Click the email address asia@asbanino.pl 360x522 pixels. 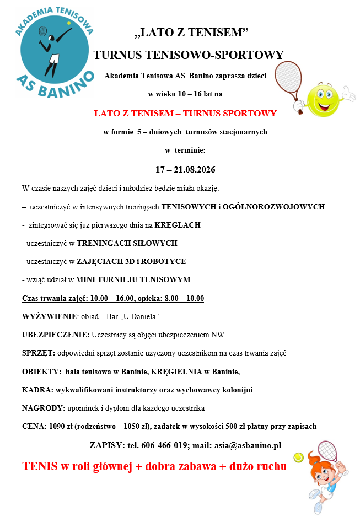click(x=248, y=445)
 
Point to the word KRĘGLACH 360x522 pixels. click(x=178, y=225)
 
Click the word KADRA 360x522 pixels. click(x=36, y=390)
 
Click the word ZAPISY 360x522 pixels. click(x=106, y=445)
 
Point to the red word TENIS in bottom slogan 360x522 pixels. click(x=40, y=466)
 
